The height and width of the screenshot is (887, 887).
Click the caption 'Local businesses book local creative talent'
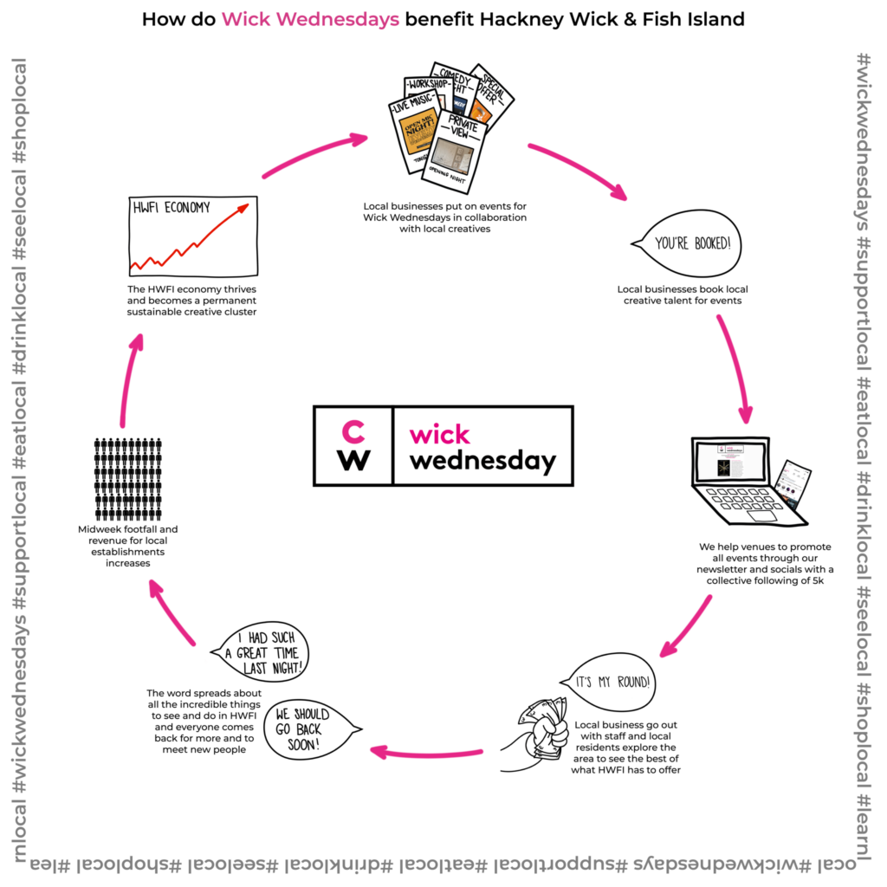[x=679, y=295]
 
